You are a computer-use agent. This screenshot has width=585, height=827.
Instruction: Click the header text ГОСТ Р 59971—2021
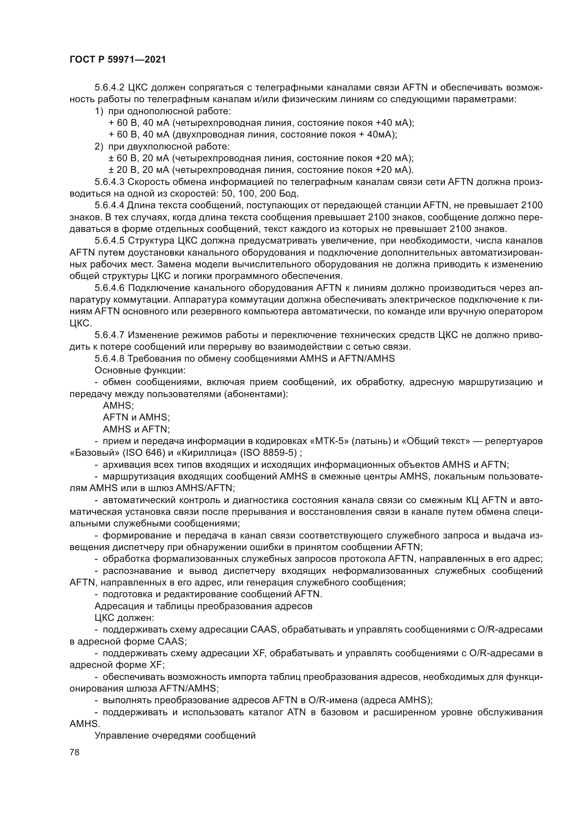(117, 60)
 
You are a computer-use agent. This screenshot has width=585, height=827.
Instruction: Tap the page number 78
(75, 752)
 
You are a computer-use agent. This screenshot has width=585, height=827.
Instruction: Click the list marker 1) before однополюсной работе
(99, 111)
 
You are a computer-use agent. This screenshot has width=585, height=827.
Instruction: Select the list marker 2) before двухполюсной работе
(99, 147)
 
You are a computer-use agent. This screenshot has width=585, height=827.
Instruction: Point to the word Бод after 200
(289, 194)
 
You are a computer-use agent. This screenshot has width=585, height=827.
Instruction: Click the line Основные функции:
(140, 370)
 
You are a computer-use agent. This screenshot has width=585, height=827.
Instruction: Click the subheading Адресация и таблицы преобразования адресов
(203, 606)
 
